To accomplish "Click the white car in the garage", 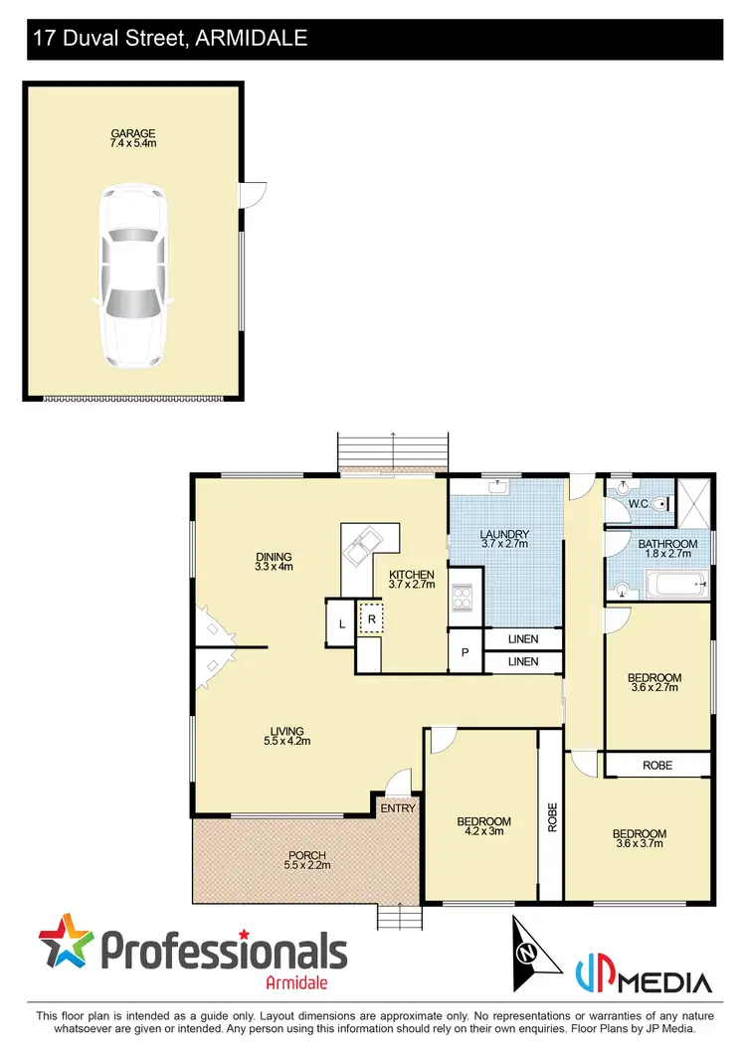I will point(133,276).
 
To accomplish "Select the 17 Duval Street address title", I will point(170,40).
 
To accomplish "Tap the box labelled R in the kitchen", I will point(371,618).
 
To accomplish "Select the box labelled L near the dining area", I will point(341,624).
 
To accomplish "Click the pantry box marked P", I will point(465,653).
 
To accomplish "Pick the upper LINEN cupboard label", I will point(522,639).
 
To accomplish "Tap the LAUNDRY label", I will point(505,535).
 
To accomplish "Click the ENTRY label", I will point(398,808).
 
